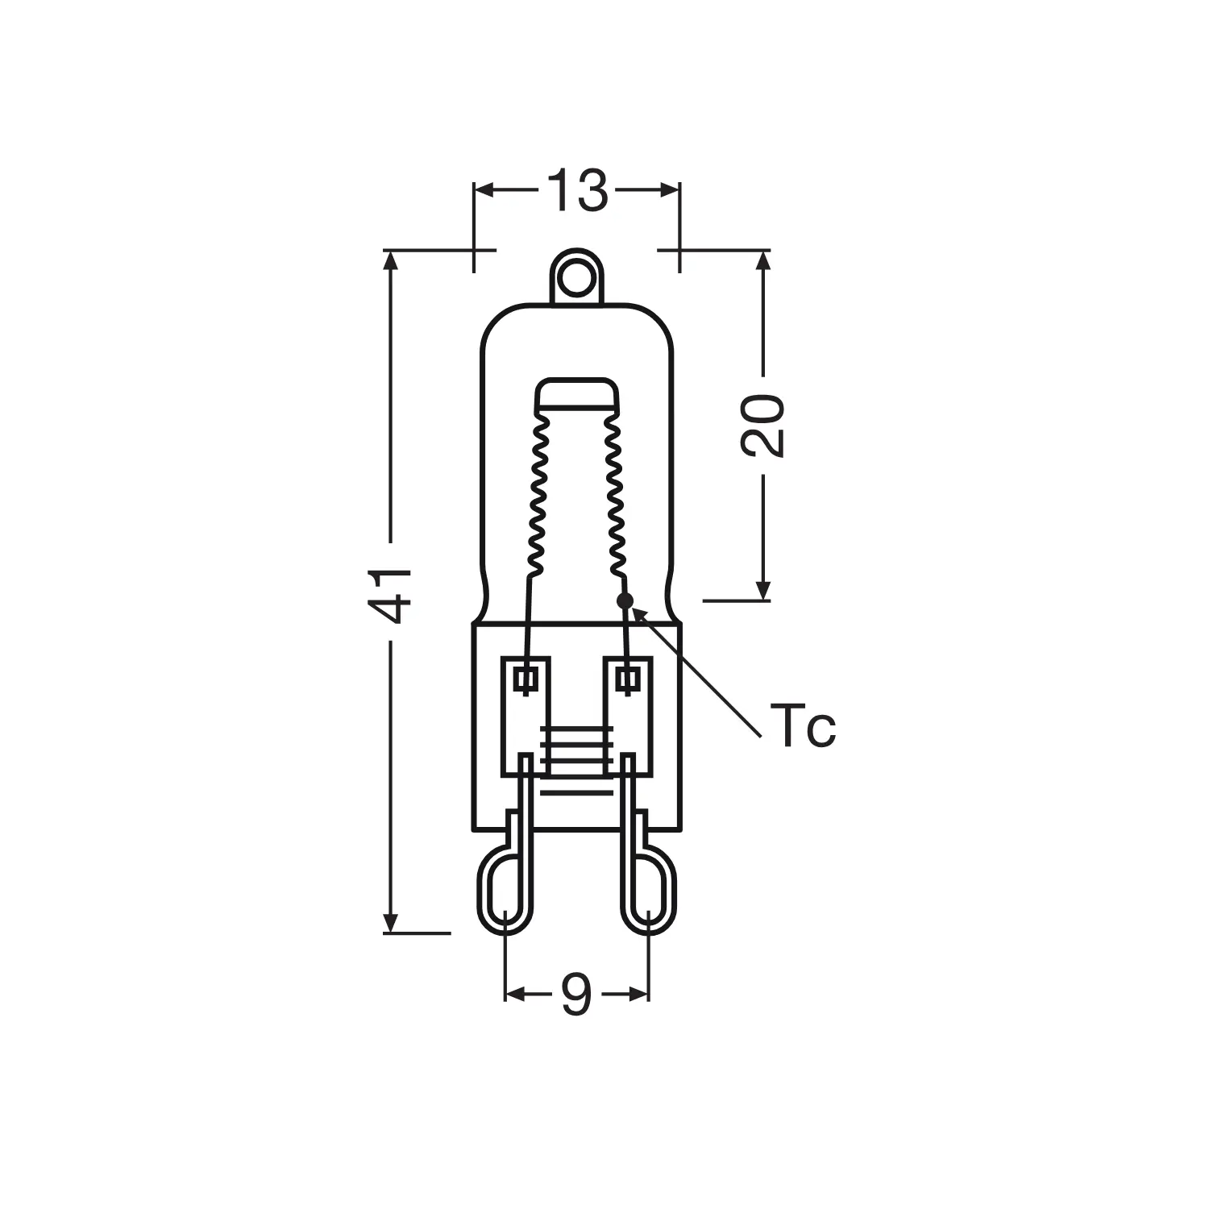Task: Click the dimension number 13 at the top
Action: tap(577, 191)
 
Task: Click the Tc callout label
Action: tap(803, 725)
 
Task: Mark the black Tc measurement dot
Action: tap(625, 600)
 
